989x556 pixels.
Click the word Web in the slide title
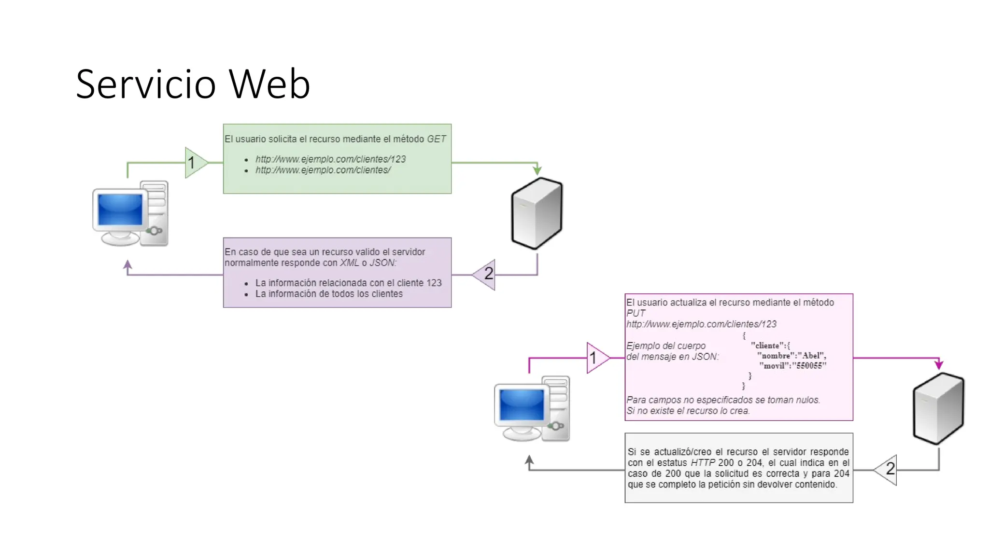coord(269,84)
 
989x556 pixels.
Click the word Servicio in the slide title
coord(145,84)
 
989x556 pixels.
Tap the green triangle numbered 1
coord(195,163)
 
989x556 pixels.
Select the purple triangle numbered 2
coord(486,274)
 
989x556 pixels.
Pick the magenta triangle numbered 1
coord(596,358)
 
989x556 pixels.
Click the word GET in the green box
coord(436,139)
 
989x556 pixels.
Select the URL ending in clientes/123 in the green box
coord(330,159)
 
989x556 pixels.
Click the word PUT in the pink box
coord(636,313)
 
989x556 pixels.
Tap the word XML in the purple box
coord(349,263)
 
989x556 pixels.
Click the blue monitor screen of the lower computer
coord(522,404)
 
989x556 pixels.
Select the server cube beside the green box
coord(537,213)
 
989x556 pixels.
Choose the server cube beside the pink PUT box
coord(938,408)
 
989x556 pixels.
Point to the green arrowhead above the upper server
coord(537,170)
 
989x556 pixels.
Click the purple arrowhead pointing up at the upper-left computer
coord(127,264)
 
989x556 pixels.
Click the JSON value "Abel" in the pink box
coord(811,356)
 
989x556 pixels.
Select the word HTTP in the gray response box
coord(703,463)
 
